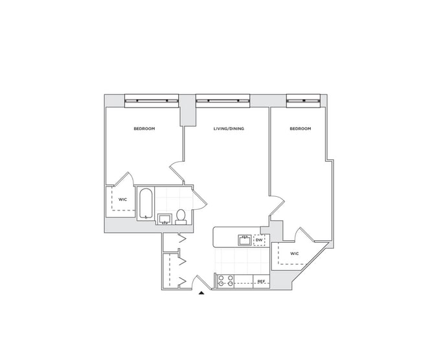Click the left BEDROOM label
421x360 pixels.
click(x=144, y=129)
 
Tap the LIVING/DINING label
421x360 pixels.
click(x=229, y=129)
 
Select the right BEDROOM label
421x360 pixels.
click(x=300, y=129)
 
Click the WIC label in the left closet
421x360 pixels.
click(x=122, y=199)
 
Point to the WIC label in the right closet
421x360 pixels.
click(x=294, y=253)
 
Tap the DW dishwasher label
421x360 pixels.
click(x=258, y=240)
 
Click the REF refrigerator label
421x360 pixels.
click(x=261, y=282)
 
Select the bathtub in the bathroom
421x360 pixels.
click(x=146, y=204)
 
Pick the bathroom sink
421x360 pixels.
click(x=164, y=218)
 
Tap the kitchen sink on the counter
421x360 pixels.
click(x=245, y=240)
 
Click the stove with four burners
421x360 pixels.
click(x=225, y=281)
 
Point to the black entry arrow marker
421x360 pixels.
click(x=201, y=294)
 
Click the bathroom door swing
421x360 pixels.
click(x=199, y=197)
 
